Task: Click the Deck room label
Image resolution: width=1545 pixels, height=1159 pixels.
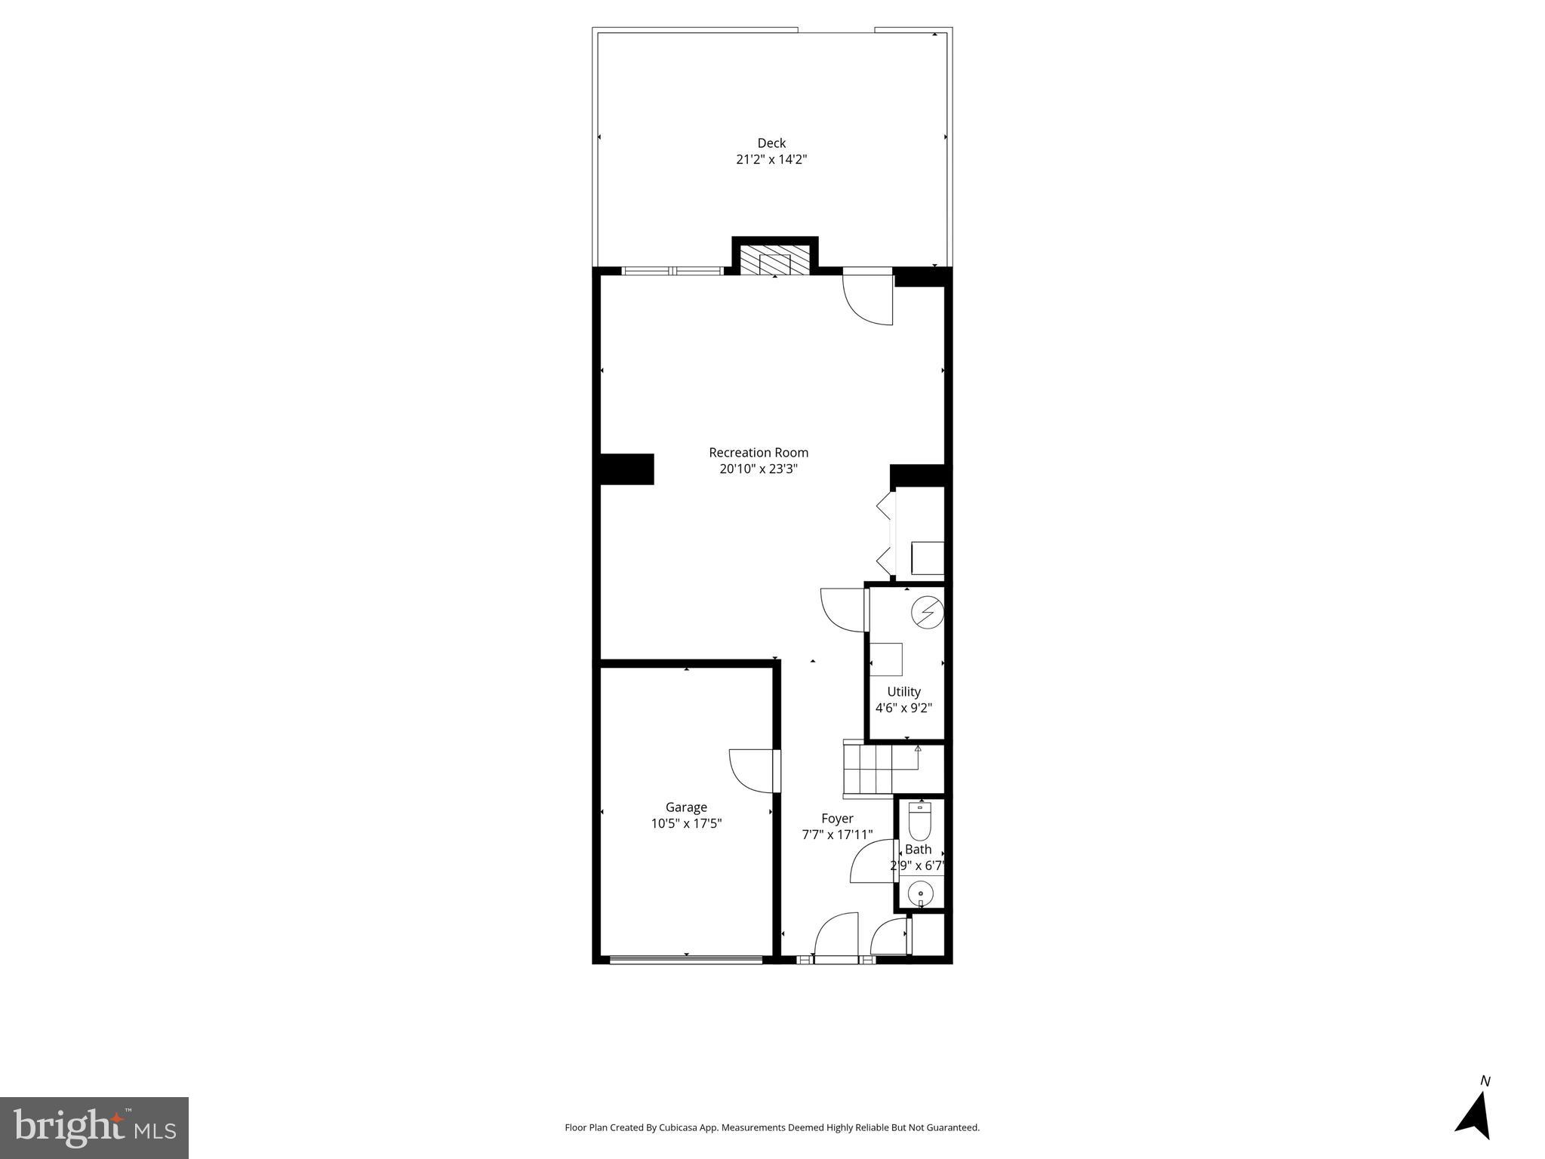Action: tap(771, 143)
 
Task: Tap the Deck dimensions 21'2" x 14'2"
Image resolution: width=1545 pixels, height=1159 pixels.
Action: tap(771, 159)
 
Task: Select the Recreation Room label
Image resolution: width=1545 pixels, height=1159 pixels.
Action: tap(759, 452)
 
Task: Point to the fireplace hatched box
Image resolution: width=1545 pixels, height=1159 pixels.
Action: tap(774, 260)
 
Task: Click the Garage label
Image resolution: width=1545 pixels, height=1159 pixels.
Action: tap(686, 807)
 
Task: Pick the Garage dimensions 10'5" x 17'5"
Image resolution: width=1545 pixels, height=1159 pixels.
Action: tap(686, 823)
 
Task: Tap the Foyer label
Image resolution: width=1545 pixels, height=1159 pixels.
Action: tap(837, 818)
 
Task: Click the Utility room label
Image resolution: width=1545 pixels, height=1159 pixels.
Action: tap(903, 691)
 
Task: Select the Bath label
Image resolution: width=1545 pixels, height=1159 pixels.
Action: tap(918, 849)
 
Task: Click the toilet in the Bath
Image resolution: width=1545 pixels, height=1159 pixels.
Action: tap(919, 822)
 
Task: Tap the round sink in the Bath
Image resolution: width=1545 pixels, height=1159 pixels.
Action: tap(921, 894)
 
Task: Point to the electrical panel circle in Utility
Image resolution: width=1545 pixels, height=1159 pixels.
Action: tap(927, 613)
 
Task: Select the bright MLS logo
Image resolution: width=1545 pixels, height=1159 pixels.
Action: tap(94, 1127)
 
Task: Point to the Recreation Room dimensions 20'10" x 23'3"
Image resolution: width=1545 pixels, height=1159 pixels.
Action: tap(759, 469)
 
